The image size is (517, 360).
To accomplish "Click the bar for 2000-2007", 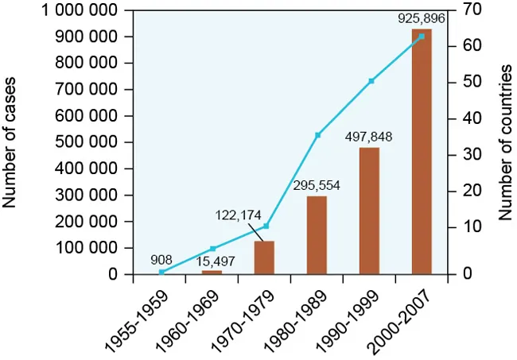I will point(422,151).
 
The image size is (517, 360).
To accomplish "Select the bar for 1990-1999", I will point(369,211).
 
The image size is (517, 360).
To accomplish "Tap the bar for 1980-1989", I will point(317,234).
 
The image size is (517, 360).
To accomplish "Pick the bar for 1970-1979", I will point(264,257).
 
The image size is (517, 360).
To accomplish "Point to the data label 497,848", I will point(368,137).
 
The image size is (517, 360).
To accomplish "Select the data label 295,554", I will point(316,185).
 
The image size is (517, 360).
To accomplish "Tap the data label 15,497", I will point(211,260).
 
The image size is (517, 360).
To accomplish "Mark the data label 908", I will point(161,259).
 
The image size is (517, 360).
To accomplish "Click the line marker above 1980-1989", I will point(317,135).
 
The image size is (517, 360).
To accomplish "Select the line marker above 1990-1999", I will point(371,81).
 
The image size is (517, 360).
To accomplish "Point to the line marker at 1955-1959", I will point(161,272).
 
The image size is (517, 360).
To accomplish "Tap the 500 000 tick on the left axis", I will point(87,142).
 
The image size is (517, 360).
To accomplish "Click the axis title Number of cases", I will point(11,142).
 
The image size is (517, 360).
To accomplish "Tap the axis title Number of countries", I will point(504,142).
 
